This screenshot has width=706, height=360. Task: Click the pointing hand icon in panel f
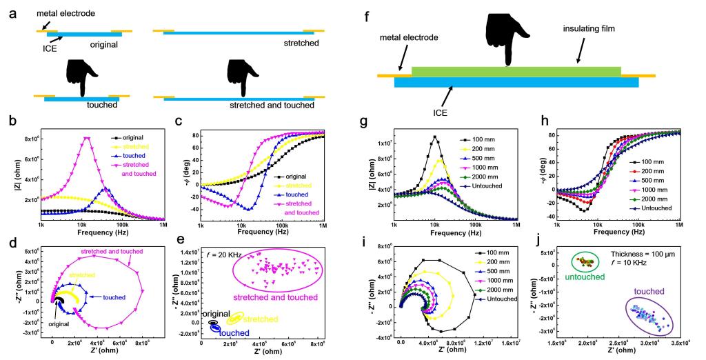coord(507,39)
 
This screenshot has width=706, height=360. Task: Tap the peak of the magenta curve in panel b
coord(87,138)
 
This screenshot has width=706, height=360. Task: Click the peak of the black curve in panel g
coord(434,137)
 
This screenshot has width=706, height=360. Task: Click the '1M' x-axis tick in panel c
coord(344,225)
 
